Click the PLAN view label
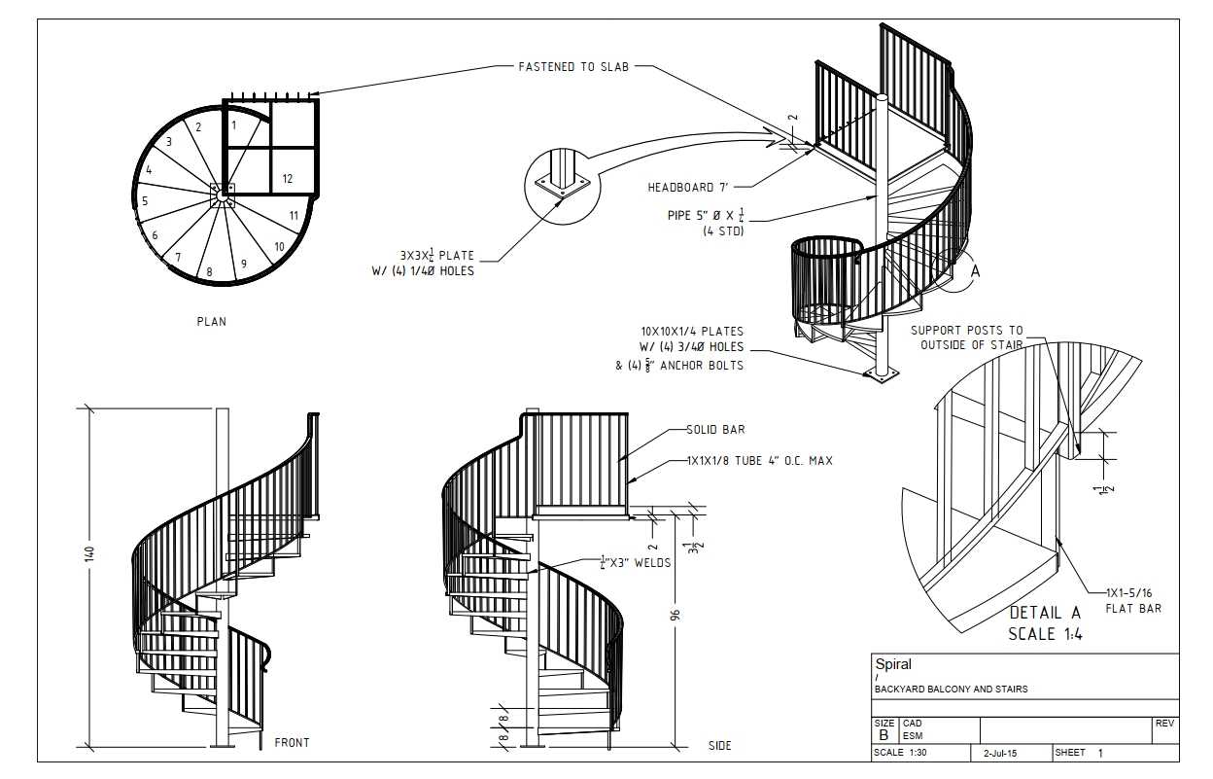211,322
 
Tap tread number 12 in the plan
288,178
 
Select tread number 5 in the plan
145,201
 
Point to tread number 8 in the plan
210,272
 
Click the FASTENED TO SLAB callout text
573,67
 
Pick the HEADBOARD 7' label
688,188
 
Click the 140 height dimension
89,553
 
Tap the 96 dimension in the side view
675,615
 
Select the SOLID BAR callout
715,430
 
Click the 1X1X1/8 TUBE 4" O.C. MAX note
760,461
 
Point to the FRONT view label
292,743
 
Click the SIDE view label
719,746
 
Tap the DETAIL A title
1045,613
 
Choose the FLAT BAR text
1133,609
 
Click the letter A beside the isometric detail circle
975,271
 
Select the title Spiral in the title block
893,664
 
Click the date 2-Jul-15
1000,753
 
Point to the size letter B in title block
884,735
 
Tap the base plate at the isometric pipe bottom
881,373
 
